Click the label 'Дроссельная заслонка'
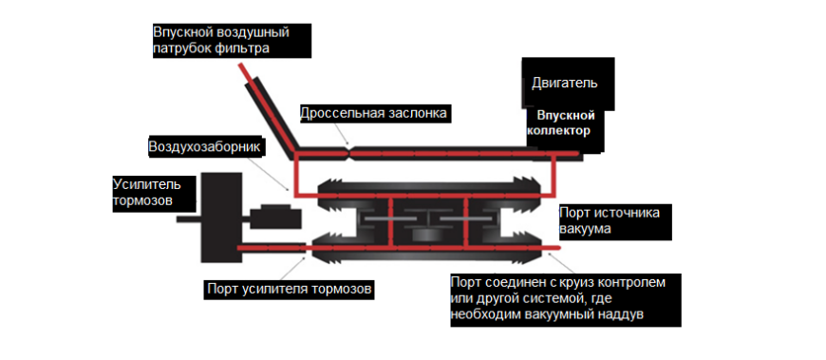click(373, 114)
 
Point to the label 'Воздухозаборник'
click(204, 147)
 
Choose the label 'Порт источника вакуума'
click(615, 220)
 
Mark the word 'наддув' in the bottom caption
click(623, 313)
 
